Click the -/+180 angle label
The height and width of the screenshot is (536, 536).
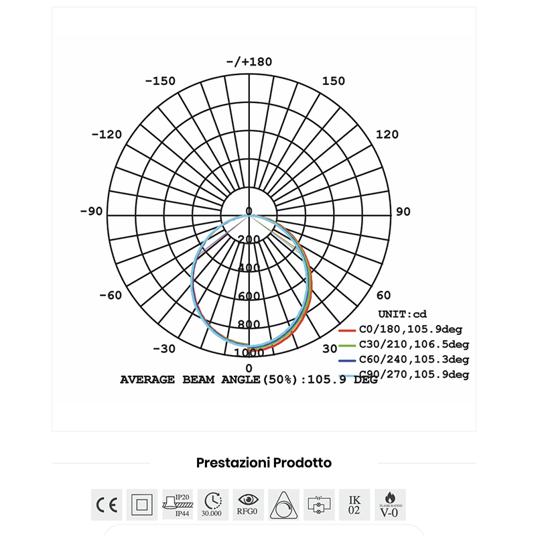[x=249, y=62]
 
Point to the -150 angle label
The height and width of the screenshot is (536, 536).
[x=160, y=81]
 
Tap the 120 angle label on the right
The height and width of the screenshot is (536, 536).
[x=387, y=135]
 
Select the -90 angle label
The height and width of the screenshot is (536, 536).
[x=91, y=212]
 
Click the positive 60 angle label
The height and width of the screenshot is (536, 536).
[x=384, y=295]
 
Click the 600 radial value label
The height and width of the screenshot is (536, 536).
[x=249, y=296]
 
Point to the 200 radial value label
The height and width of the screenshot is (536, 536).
[x=249, y=240]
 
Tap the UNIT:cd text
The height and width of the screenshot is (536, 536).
[x=402, y=314]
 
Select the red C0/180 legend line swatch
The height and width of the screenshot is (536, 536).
[x=346, y=330]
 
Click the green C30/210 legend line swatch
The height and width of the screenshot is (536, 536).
[x=346, y=344]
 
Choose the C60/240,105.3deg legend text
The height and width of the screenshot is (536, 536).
[x=413, y=359]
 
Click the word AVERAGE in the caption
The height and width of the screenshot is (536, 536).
[x=147, y=380]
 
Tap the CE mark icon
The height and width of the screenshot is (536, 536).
[x=107, y=505]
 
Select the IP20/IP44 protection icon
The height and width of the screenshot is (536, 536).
[x=178, y=505]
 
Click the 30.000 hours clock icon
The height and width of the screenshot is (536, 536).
[x=212, y=505]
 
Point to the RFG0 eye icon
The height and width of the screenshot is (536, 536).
[x=248, y=505]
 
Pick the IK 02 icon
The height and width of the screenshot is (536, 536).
[x=354, y=505]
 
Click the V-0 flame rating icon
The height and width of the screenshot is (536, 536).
[x=390, y=505]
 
